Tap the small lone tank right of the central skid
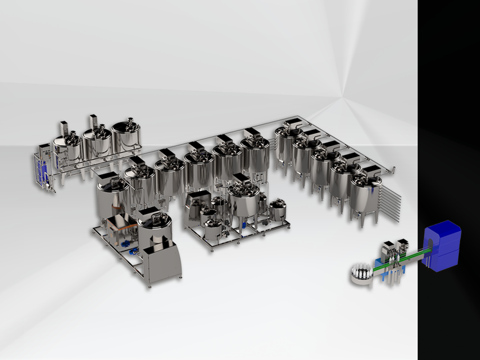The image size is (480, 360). point(278,210)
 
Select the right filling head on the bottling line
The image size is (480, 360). point(403,246)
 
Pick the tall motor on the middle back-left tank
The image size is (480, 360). point(93,122)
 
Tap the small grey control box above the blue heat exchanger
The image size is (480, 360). point(42,151)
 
